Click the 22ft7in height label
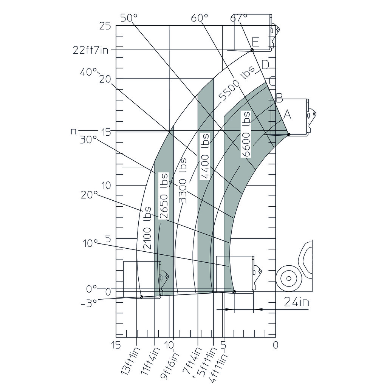(x=91, y=50)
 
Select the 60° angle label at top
(x=200, y=18)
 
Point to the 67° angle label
(x=239, y=18)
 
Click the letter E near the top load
(x=255, y=42)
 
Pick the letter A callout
(x=287, y=114)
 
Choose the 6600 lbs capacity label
(x=246, y=134)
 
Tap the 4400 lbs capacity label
(x=204, y=156)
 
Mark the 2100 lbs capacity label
(x=147, y=228)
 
